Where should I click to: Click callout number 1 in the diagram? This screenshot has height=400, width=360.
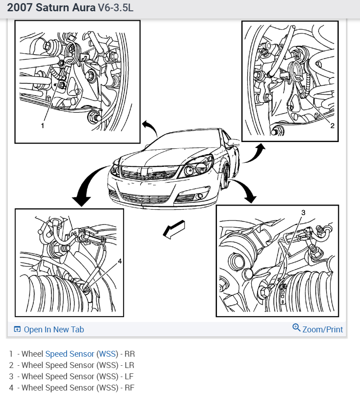pos(42,126)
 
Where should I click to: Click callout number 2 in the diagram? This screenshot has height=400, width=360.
pos(332,125)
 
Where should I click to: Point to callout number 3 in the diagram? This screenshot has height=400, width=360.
pos(303,212)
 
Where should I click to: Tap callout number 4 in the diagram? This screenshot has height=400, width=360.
pos(120,261)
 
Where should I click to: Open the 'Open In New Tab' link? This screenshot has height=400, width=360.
pos(54,329)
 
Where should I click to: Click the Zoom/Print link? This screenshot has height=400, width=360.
pos(323,329)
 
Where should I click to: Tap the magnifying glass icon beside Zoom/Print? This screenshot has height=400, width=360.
pos(296,327)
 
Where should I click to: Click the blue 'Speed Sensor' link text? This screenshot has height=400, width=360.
pos(69,354)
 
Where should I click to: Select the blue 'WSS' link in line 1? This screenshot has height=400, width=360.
pos(107,354)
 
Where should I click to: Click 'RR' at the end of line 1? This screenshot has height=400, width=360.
pos(129,354)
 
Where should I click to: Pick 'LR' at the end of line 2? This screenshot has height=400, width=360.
pos(129,365)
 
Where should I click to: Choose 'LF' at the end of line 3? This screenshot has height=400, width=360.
pos(129,376)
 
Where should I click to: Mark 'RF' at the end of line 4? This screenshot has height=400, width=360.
pos(129,387)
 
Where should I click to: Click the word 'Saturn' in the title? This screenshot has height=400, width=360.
pos(53,7)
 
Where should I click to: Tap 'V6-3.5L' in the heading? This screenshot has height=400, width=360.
pos(115,8)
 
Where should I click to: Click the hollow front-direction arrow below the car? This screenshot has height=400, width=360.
pos(174,230)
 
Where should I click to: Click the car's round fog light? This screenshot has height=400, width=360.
pos(200,196)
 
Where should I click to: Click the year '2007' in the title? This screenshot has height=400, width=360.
pos(20,7)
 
